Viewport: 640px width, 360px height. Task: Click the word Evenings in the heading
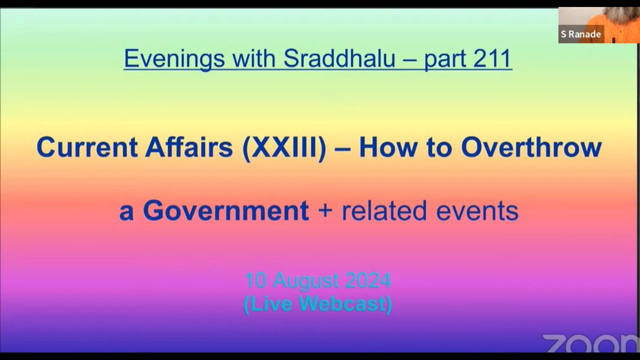pos(174,59)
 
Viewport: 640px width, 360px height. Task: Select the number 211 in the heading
pos(492,58)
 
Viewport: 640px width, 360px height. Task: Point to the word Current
pos(87,147)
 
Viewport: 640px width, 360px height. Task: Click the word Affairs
pos(189,147)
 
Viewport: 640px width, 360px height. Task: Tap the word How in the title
pos(387,147)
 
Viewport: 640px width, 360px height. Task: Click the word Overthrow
pos(531,147)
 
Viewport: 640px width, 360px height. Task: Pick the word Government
pos(226,211)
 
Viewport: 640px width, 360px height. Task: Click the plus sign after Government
pos(325,211)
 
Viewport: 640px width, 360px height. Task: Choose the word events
pos(477,211)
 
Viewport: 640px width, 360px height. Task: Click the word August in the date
pos(305,281)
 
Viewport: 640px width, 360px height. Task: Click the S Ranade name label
pos(581,34)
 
